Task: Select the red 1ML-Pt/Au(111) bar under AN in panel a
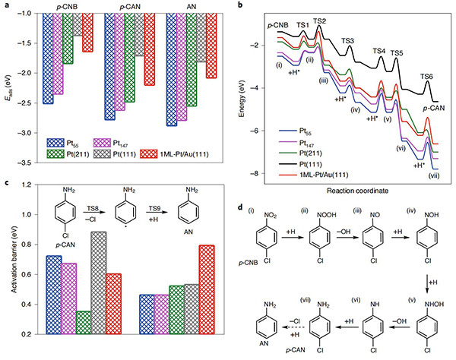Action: tap(211, 46)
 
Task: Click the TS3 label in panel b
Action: tap(348, 40)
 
